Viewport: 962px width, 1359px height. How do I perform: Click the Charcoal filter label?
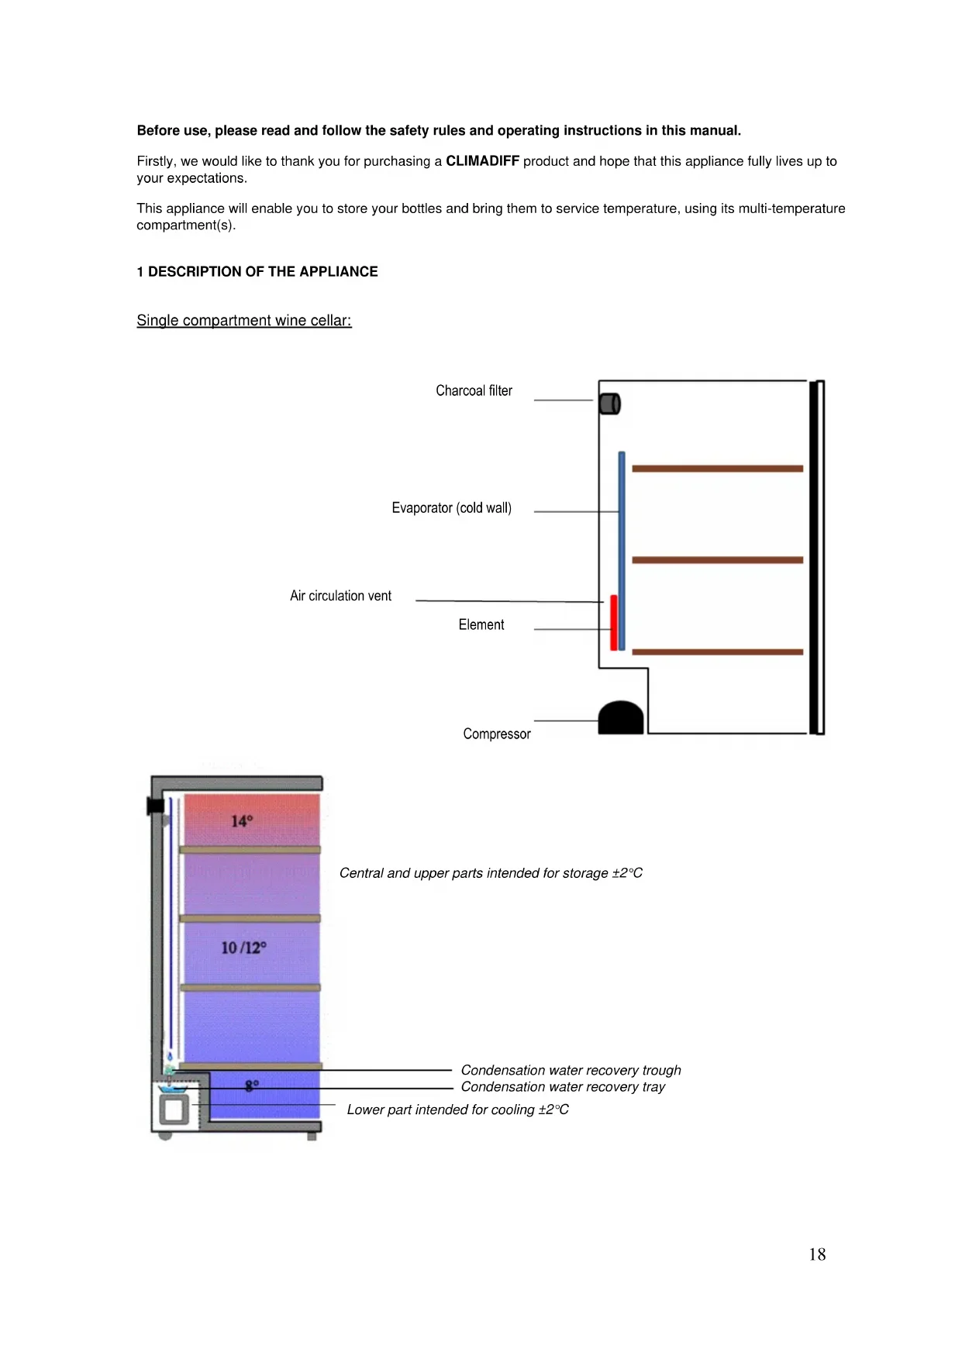click(474, 390)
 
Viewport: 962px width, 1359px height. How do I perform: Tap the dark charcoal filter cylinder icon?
click(610, 404)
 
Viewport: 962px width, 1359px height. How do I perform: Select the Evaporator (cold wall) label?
click(451, 508)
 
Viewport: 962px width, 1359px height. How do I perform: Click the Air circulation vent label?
click(340, 596)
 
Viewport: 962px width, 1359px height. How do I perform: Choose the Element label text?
click(481, 624)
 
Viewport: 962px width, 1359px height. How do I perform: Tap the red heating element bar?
click(613, 622)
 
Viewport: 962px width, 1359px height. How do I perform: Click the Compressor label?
click(496, 734)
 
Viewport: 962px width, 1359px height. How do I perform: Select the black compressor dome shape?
click(621, 718)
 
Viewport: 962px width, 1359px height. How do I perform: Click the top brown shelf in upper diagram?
click(717, 469)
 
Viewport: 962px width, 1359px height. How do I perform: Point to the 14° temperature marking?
click(242, 821)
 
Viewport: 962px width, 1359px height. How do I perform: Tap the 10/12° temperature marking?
click(243, 948)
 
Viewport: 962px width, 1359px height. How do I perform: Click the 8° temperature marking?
click(252, 1085)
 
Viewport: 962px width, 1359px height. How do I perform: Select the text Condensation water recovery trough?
click(571, 1070)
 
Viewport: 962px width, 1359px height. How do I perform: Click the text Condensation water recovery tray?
click(563, 1087)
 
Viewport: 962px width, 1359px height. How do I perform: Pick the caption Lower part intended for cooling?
click(457, 1110)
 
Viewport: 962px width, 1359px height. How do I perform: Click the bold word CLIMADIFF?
click(482, 161)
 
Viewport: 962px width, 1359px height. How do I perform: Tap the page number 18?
click(817, 1254)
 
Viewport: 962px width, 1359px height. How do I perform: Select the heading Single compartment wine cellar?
click(244, 321)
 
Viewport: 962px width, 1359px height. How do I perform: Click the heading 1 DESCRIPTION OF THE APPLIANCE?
click(257, 272)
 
